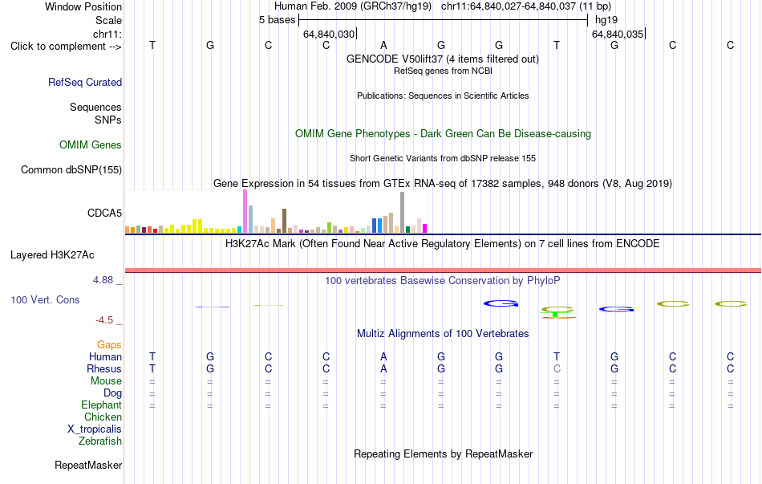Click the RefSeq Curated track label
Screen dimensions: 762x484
(85, 82)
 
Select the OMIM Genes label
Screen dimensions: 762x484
(91, 145)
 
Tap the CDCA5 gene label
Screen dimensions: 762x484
(104, 213)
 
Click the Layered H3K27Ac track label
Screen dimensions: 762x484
(52, 255)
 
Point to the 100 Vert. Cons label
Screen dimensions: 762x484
(45, 299)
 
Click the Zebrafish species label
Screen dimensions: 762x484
(100, 441)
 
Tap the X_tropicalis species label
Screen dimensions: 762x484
(95, 429)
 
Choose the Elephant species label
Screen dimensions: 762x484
(102, 405)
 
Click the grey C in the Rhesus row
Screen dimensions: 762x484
(557, 368)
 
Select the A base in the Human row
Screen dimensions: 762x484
(383, 356)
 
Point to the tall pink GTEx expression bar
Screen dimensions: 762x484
(245, 212)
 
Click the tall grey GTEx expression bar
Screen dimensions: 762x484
(402, 213)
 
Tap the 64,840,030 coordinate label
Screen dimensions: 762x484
(329, 34)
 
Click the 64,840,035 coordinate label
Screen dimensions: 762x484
(618, 34)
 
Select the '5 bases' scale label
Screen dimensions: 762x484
(277, 20)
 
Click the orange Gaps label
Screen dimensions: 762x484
(109, 344)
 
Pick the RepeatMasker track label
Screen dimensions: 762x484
(88, 465)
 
